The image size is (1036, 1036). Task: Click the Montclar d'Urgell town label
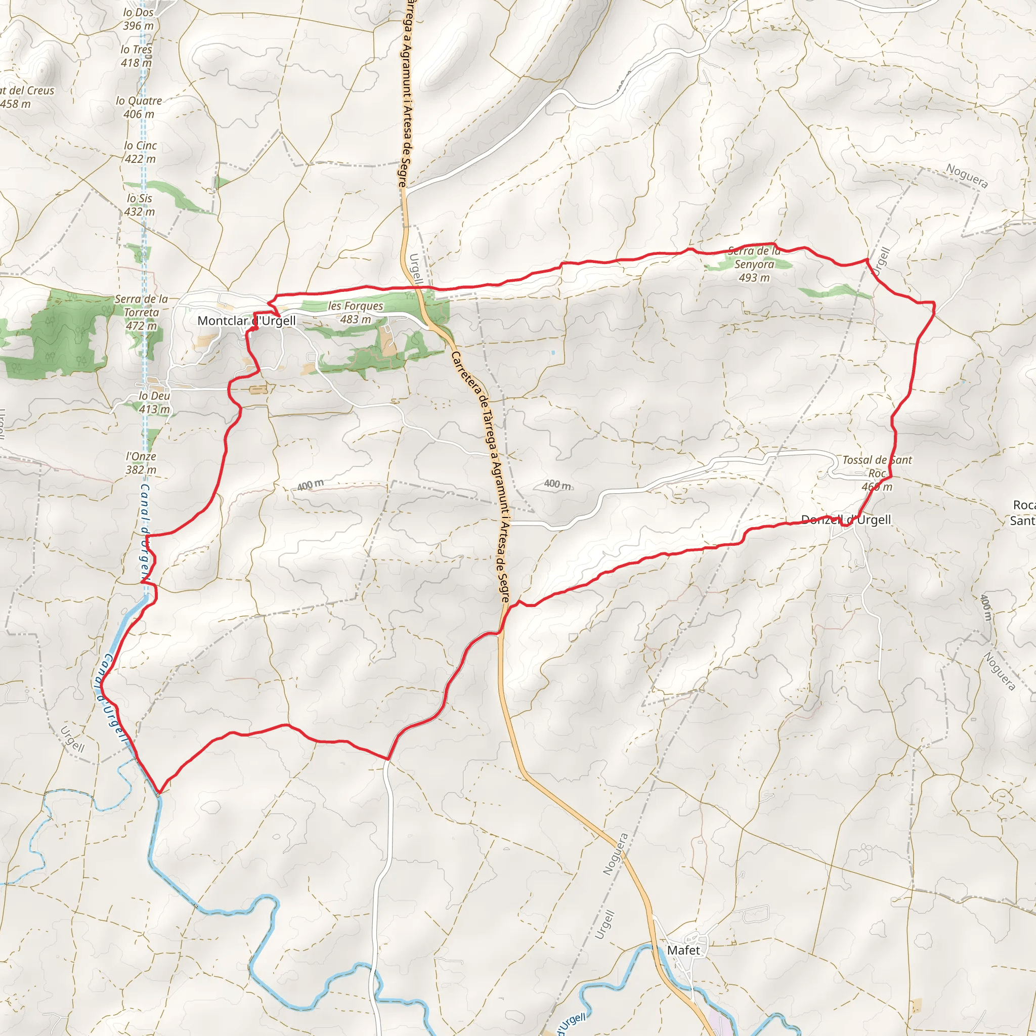click(x=247, y=321)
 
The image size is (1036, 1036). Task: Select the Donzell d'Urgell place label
click(x=846, y=520)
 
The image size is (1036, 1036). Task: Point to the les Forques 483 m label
click(x=356, y=313)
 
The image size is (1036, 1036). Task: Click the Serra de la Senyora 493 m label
click(x=754, y=265)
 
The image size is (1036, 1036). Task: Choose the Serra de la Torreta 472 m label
click(x=141, y=313)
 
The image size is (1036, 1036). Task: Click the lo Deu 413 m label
click(x=154, y=402)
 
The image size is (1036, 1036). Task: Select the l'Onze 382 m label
click(x=141, y=463)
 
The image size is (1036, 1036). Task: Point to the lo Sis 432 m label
click(x=140, y=205)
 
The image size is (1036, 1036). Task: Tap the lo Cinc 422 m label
click(x=140, y=152)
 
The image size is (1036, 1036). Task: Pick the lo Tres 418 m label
click(x=136, y=56)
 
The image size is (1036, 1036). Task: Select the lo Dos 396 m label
click(x=138, y=19)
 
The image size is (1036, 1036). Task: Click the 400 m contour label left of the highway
click(x=311, y=485)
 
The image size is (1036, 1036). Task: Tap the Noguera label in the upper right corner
click(x=967, y=177)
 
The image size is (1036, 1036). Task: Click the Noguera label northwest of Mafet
click(x=615, y=854)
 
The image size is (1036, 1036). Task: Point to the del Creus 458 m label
click(x=27, y=97)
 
